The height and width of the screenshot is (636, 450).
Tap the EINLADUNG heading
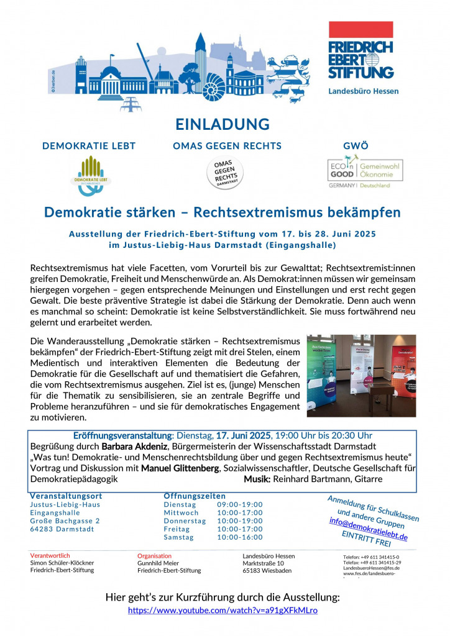(222, 124)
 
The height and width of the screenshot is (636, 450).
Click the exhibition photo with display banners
(361, 376)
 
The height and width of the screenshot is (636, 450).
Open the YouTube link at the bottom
(223, 611)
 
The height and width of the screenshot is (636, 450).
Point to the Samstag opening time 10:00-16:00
(240, 537)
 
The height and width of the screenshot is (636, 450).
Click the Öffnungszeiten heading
(195, 496)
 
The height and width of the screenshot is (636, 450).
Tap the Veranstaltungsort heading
(66, 496)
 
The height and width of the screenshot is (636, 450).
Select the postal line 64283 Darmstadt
(62, 529)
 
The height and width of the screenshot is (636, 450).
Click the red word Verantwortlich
(50, 555)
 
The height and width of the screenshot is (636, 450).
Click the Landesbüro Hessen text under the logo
(364, 91)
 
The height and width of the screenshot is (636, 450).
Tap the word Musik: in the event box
(257, 479)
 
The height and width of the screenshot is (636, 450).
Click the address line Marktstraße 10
(264, 563)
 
